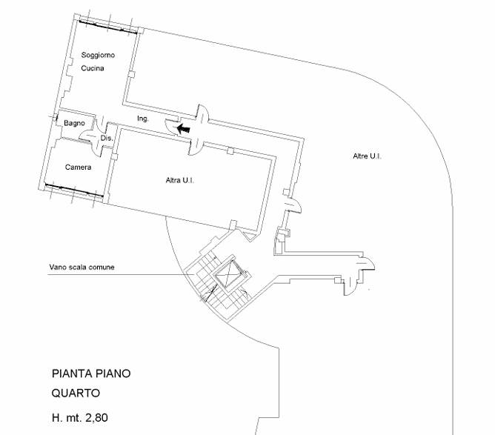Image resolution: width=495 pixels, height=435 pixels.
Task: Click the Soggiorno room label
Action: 98,56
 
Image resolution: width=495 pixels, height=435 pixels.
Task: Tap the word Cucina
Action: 93,68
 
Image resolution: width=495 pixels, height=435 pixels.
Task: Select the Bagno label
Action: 74,123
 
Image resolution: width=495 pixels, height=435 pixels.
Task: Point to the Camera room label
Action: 78,167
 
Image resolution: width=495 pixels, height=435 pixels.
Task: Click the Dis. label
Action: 105,138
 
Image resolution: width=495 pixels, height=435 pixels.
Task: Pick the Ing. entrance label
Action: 143,119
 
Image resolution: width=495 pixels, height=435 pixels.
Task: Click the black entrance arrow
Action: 182,128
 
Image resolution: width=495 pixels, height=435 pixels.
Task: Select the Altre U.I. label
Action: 367,156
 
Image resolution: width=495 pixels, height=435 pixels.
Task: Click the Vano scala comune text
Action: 82,267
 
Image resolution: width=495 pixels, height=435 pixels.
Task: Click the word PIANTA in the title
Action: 73,374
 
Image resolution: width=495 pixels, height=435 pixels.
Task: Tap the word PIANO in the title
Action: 113,374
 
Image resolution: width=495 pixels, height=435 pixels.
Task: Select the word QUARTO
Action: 76,394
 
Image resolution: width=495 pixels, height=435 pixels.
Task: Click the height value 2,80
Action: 95,418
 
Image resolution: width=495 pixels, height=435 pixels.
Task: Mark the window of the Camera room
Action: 73,187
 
